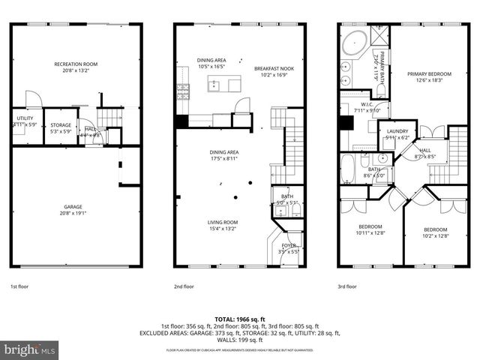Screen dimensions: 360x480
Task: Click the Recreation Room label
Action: tap(73, 64)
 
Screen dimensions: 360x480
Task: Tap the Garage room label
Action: tap(73, 206)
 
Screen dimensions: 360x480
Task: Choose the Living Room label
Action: tap(223, 222)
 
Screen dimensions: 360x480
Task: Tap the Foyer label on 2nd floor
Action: tap(289, 245)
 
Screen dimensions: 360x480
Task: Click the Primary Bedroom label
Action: tap(429, 73)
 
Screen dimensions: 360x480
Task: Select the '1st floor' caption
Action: tap(20, 286)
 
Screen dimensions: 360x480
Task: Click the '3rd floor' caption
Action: tap(347, 286)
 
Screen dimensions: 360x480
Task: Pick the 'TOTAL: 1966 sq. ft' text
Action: tap(239, 319)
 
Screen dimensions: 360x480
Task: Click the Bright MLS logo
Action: tap(30, 349)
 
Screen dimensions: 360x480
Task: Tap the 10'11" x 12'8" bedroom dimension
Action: tap(370, 233)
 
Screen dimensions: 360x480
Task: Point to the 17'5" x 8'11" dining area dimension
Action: tap(223, 158)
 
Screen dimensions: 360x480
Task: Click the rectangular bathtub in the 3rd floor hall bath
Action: tap(349, 169)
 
